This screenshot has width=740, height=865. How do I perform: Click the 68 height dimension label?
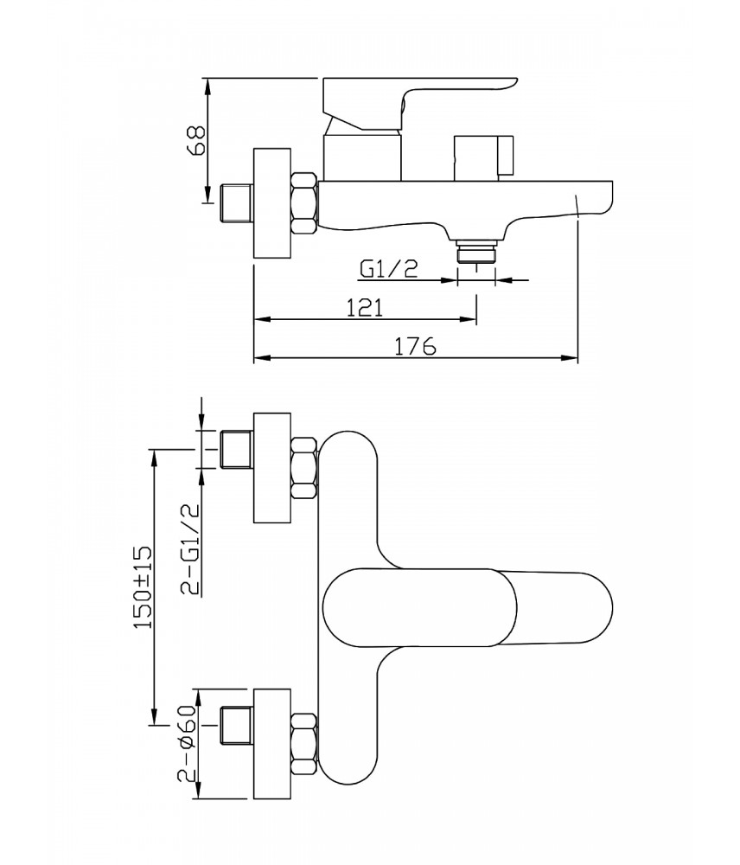(196, 139)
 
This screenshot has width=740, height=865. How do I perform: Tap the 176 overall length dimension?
(415, 346)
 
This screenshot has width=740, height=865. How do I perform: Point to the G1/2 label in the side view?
(388, 269)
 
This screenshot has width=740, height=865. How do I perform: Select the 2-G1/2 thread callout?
(190, 550)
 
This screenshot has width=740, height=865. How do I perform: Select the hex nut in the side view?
(304, 204)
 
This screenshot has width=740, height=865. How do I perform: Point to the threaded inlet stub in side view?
(237, 202)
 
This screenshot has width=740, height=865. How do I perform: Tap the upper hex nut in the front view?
(304, 468)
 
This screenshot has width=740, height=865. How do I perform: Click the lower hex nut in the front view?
(304, 744)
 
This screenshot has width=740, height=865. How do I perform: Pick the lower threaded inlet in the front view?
(237, 727)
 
